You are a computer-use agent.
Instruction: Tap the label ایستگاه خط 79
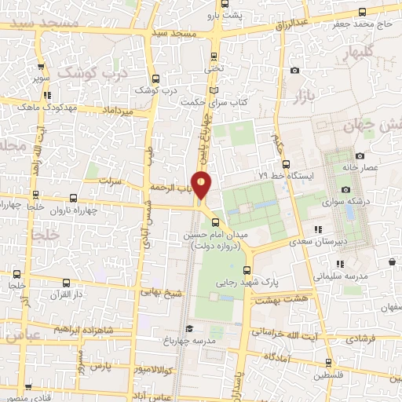coord(286,177)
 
